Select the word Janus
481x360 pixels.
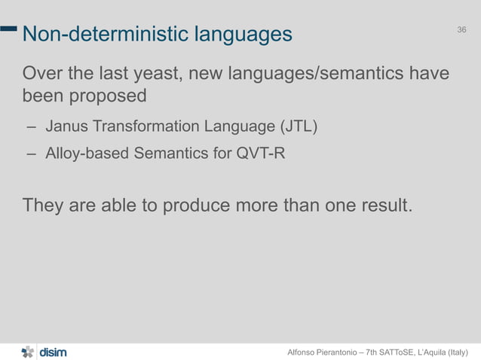(x=65, y=125)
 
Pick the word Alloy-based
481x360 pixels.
(x=87, y=154)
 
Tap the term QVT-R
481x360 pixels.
(x=261, y=154)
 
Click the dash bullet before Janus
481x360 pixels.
(x=32, y=126)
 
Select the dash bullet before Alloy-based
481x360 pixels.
(x=32, y=155)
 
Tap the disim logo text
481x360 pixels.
(x=52, y=351)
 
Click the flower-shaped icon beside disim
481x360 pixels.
(x=27, y=351)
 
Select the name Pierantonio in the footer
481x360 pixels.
(x=339, y=352)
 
